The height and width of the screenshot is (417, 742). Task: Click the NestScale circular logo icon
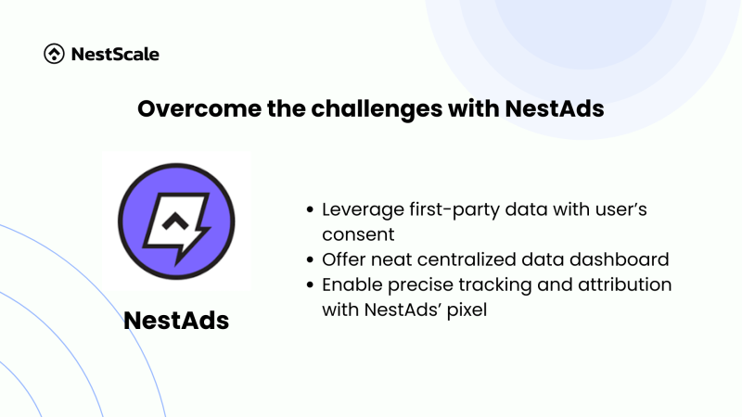coord(54,54)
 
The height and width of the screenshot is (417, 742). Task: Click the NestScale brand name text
coord(115,54)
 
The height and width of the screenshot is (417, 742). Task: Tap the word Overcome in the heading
coord(199,108)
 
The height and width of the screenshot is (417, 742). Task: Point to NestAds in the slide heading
coord(554,108)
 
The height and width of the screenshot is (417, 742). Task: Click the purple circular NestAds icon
coord(176,221)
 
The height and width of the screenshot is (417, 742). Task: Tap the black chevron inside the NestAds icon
coord(175,221)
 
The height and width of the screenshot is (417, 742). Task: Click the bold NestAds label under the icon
coord(176,320)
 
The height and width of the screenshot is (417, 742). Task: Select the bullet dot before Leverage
coord(310,209)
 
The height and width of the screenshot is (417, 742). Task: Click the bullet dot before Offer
coord(310,259)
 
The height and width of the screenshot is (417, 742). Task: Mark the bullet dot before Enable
coord(310,284)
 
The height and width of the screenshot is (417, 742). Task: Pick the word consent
coord(358,235)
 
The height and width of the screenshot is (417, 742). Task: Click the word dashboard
coord(619,259)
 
